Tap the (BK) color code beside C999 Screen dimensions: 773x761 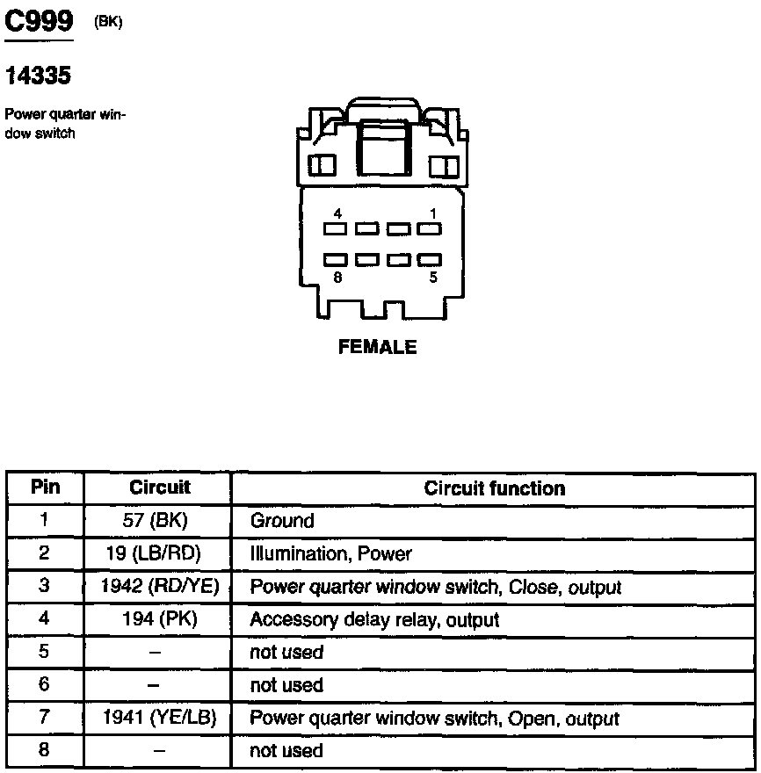108,23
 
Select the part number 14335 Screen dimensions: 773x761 38,76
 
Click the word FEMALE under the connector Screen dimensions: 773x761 378,348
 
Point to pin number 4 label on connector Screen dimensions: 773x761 337,213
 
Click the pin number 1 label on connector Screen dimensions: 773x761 433,213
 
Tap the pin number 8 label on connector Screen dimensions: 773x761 337,277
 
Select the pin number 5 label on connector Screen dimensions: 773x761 433,277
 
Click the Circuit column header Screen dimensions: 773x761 160,488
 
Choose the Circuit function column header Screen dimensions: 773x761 495,488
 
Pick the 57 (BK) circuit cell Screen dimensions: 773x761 156,521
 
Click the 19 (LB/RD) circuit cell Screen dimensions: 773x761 159,553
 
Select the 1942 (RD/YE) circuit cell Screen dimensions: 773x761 159,586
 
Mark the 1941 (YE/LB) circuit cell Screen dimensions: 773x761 159,718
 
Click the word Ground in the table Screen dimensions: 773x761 282,521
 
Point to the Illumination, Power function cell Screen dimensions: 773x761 330,554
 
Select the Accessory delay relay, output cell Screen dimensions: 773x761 374,620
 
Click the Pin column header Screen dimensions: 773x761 46,488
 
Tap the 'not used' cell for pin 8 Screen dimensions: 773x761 286,751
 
